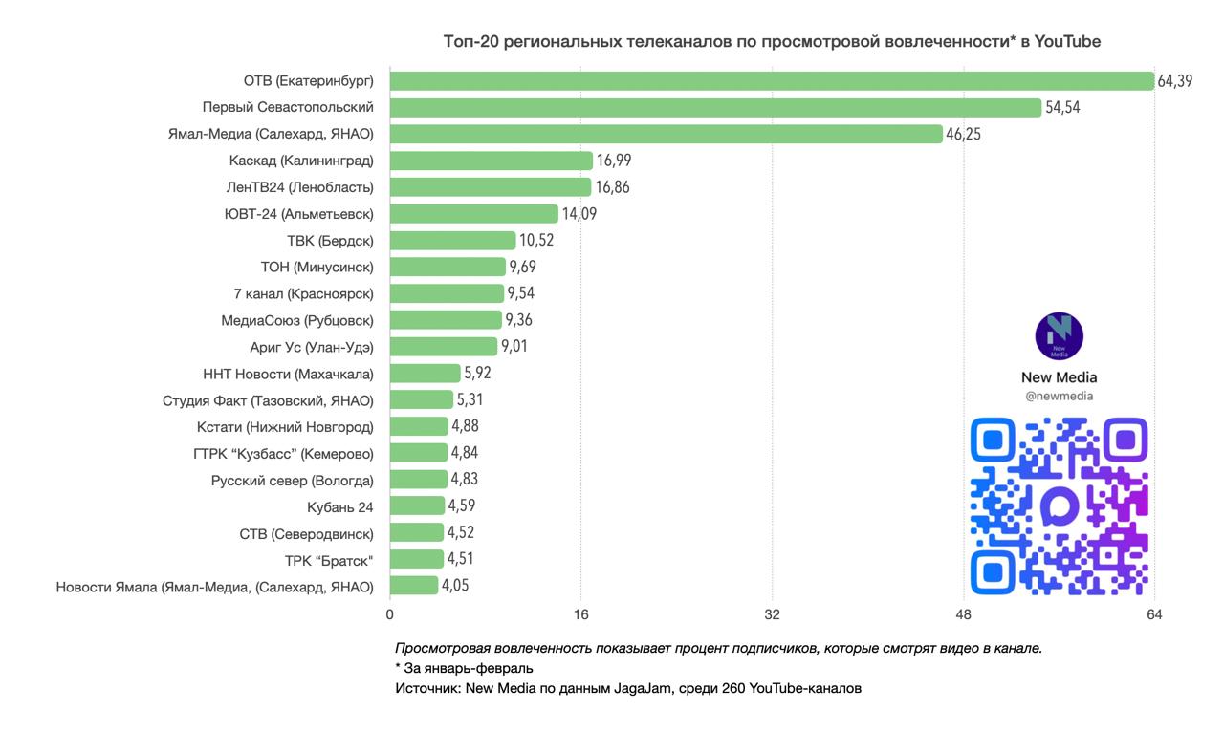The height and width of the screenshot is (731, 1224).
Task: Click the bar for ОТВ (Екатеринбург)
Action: point(772,81)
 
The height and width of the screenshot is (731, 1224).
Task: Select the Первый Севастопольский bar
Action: point(715,108)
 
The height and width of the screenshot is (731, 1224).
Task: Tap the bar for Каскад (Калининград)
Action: point(492,161)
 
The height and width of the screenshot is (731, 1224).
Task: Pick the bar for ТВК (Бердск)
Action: point(452,240)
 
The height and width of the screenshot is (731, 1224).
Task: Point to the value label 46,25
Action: point(963,135)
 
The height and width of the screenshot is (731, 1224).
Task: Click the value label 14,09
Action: point(579,214)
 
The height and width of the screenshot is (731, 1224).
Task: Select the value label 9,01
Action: point(514,346)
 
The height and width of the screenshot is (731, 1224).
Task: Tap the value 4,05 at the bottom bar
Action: point(455,585)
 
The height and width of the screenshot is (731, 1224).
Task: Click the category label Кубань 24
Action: point(340,506)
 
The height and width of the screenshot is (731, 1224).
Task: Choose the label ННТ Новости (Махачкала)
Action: point(288,374)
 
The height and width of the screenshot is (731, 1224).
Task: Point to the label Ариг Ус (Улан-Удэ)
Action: point(311,347)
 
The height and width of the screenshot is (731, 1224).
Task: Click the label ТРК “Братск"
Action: point(329,560)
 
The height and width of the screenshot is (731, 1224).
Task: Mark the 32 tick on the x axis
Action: point(772,613)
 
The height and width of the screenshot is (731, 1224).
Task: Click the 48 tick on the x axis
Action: point(963,613)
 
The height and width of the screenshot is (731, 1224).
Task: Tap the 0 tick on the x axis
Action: point(390,613)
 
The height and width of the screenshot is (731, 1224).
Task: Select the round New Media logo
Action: point(1059,336)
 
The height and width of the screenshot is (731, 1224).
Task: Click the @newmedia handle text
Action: point(1059,396)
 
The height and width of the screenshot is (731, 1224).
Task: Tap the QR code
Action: point(1059,506)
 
